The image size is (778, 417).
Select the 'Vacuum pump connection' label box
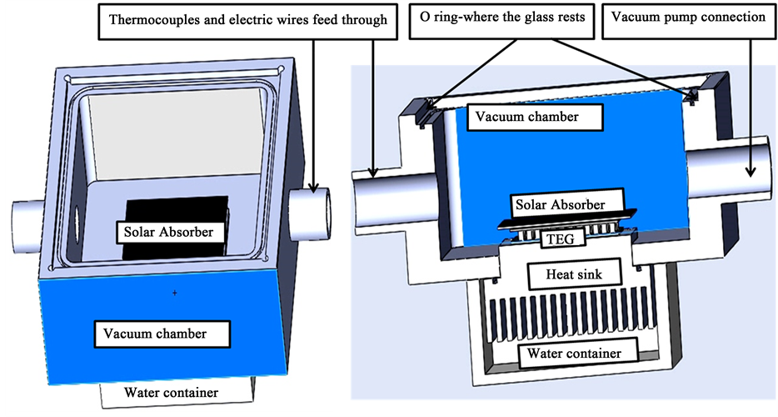[688, 18]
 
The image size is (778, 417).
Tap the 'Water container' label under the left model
[172, 392]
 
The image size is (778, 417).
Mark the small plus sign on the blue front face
[175, 293]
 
